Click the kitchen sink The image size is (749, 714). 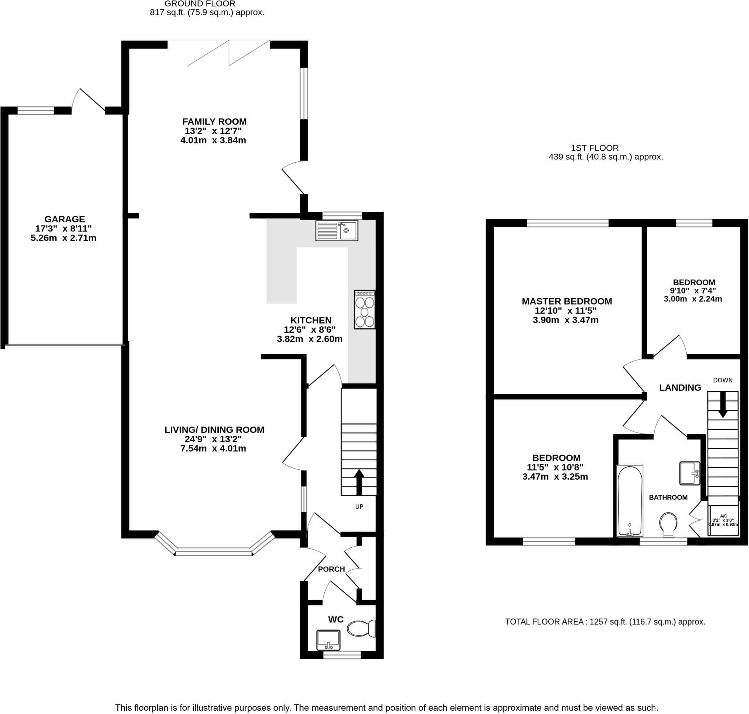(336, 231)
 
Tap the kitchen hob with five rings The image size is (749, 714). (364, 309)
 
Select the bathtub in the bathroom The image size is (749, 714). (630, 500)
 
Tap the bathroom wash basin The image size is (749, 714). (690, 473)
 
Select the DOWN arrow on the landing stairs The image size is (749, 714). (722, 405)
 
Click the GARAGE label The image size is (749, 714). (65, 219)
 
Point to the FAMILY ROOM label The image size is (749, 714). (214, 122)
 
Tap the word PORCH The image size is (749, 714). (331, 569)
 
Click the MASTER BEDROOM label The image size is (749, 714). (567, 302)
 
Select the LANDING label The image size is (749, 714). (680, 388)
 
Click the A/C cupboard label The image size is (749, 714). (723, 516)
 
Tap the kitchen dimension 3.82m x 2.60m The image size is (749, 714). (309, 339)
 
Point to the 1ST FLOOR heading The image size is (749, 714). (594, 148)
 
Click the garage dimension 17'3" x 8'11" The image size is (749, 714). (64, 229)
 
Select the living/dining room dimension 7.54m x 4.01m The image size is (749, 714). (213, 448)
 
